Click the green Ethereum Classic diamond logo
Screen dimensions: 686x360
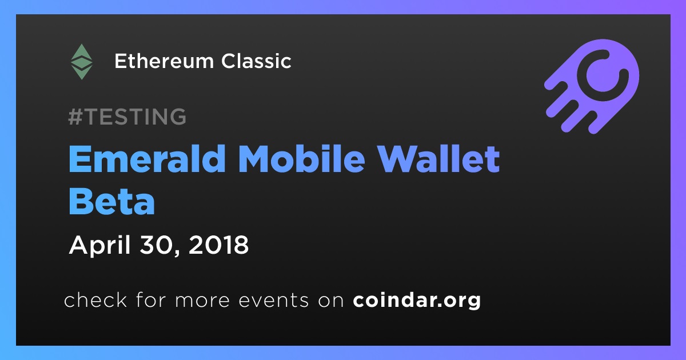[81, 62]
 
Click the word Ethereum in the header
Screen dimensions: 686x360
[164, 61]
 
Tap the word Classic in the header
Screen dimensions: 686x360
[256, 61]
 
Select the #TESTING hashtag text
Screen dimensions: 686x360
[127, 117]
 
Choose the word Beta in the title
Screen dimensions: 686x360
[112, 201]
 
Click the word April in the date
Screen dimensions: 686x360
[100, 246]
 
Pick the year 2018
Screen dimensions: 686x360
[218, 245]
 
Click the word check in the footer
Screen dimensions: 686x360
[95, 299]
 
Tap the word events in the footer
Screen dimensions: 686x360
[274, 301]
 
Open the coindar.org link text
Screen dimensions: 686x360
[417, 301]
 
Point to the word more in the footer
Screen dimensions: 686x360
[202, 301]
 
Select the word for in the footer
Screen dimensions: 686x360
[151, 299]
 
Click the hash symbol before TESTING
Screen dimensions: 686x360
[75, 117]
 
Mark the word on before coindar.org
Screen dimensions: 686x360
[331, 301]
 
